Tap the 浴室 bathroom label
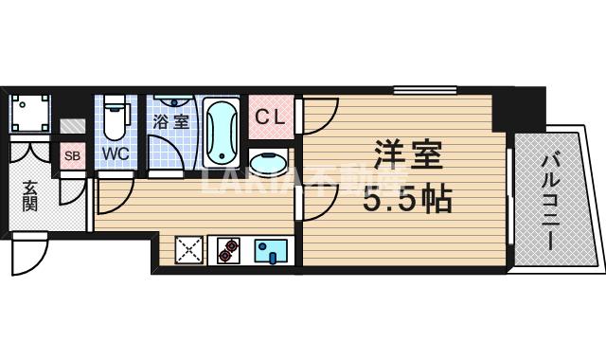click(170, 121)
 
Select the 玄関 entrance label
click(28, 194)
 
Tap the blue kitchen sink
click(270, 250)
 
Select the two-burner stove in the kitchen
click(228, 250)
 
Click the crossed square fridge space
click(188, 250)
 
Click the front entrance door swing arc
click(30, 254)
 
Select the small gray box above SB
click(72, 126)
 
